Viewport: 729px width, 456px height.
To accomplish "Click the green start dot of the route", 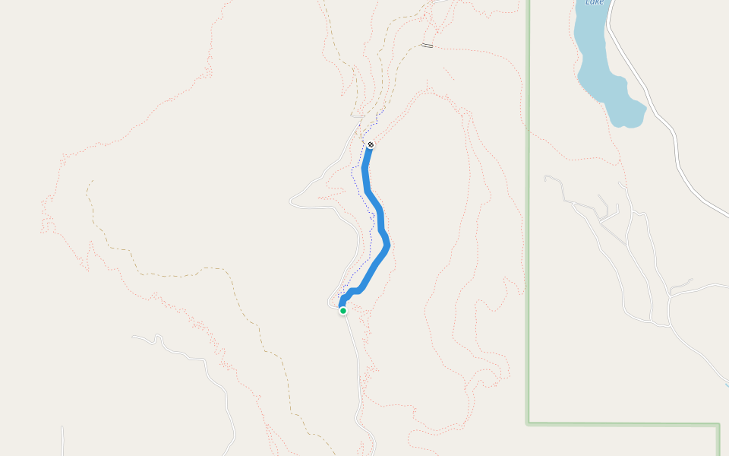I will [x=343, y=310].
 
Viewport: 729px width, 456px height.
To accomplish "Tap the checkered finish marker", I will [x=371, y=144].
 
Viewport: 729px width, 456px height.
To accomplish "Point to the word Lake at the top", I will [x=595, y=2].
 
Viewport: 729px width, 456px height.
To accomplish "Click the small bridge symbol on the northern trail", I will [x=427, y=46].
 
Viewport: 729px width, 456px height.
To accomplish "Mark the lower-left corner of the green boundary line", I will [x=529, y=423].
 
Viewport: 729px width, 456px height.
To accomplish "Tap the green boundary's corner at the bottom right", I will [x=718, y=425].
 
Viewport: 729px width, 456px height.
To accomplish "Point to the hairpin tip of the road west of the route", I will [x=291, y=202].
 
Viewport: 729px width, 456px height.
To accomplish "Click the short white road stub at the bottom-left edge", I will [x=62, y=441].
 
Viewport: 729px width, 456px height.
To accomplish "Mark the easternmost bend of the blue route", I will [x=387, y=245].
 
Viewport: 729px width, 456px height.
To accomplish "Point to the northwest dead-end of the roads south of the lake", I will [x=546, y=178].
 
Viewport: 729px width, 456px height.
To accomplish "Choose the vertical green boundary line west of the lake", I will [x=529, y=228].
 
